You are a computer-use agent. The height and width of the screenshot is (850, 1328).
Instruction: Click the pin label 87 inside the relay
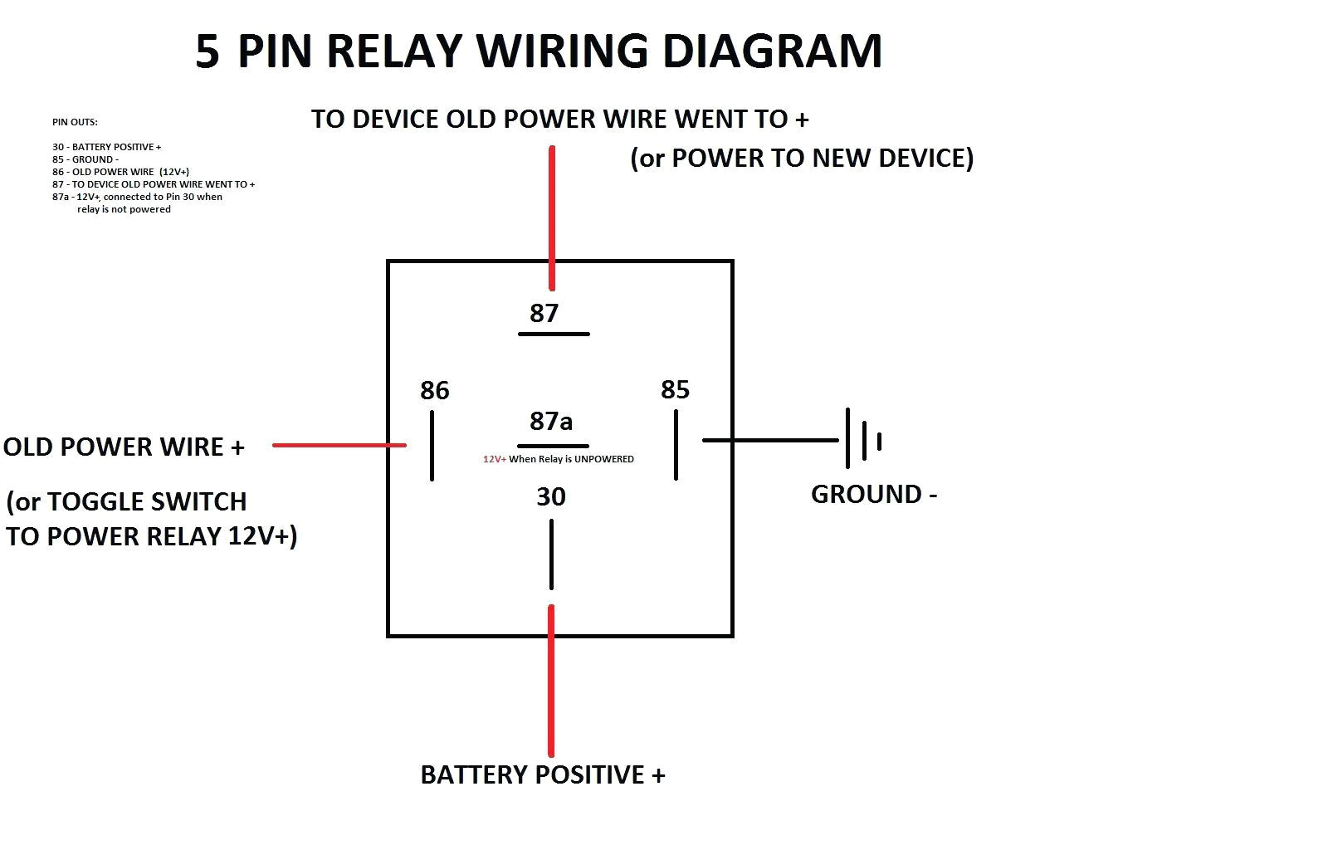click(544, 313)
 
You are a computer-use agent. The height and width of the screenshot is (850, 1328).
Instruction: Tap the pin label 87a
click(551, 421)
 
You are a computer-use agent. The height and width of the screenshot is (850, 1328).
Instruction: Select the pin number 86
click(434, 390)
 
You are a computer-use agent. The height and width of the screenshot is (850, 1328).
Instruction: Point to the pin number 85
click(675, 389)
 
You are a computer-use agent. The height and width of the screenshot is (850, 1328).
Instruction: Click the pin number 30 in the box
click(551, 496)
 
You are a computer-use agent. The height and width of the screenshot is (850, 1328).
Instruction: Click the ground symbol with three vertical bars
click(862, 439)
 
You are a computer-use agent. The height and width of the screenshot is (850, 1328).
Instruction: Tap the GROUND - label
click(873, 494)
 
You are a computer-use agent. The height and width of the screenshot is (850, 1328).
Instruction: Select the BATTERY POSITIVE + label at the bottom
click(542, 774)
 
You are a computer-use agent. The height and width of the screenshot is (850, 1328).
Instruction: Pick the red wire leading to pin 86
click(339, 445)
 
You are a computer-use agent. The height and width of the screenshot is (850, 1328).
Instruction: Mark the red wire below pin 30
click(551, 681)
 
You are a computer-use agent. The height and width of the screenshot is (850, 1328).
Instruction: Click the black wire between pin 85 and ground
click(770, 440)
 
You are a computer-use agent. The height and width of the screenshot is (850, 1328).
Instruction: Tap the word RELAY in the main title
click(394, 51)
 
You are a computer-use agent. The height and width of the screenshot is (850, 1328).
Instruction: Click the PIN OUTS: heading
click(75, 122)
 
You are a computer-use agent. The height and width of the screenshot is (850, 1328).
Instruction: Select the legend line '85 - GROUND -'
click(85, 159)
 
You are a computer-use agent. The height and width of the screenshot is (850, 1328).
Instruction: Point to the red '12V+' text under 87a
click(495, 459)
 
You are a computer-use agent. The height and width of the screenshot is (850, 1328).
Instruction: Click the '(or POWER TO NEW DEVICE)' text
click(802, 158)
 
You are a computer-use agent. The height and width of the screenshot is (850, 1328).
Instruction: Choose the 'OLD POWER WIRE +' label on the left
click(124, 447)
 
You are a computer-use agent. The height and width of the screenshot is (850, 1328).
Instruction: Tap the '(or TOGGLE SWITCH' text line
click(126, 501)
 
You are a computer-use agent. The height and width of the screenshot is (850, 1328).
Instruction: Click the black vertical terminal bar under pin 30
click(551, 554)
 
